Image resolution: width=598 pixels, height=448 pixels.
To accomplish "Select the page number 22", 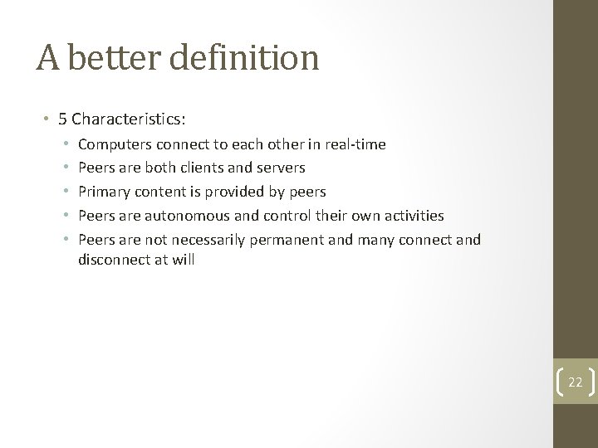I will coord(576,382).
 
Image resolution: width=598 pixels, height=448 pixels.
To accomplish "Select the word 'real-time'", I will coord(355,144).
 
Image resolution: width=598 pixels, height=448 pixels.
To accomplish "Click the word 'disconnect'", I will coord(113,259).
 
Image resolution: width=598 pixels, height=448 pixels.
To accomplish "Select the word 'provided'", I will coord(236,192).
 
